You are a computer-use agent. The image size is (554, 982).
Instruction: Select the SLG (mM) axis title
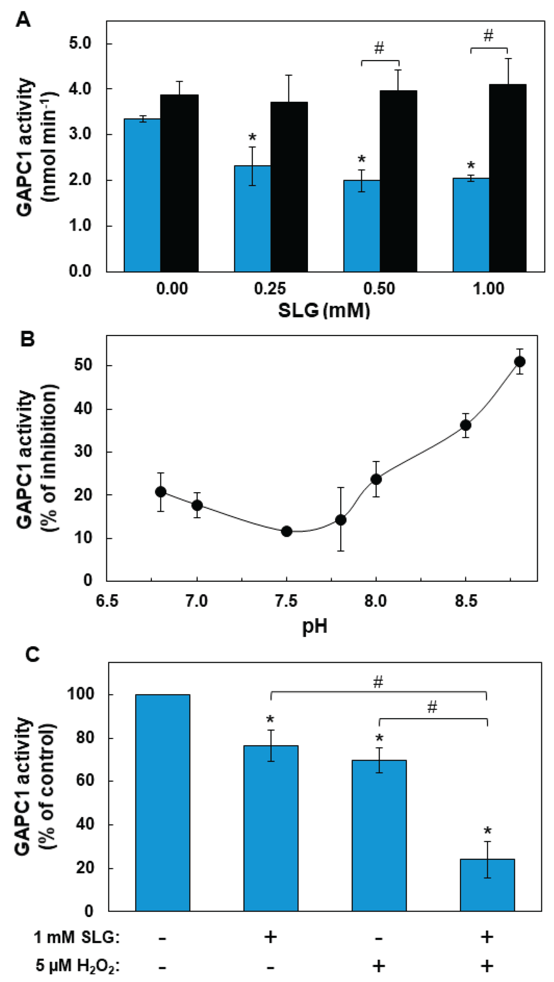tap(324, 311)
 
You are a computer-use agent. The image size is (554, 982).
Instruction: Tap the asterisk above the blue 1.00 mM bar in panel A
tap(471, 166)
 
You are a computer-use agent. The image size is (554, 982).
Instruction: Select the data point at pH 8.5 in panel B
tap(466, 425)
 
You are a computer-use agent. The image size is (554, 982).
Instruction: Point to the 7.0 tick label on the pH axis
tap(197, 601)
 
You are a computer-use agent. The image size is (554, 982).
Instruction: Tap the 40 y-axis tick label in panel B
tap(83, 409)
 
